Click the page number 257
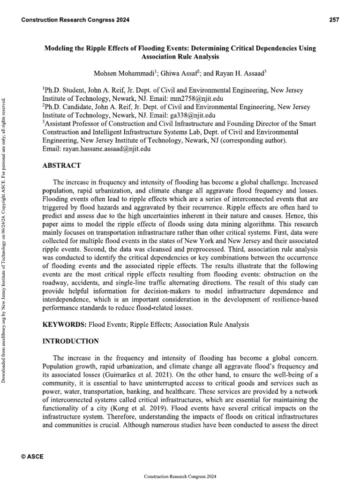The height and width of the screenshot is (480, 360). pyautogui.click(x=334, y=20)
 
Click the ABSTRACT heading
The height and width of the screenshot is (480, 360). pyautogui.click(x=62, y=165)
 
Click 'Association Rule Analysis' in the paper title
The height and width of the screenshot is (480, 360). pyautogui.click(x=180, y=57)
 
